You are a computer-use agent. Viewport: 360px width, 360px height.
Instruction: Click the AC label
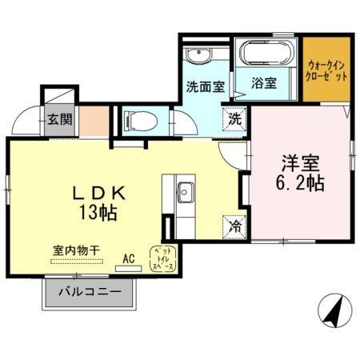point(129,258)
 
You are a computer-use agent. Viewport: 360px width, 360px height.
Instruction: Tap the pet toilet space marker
point(164,258)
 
